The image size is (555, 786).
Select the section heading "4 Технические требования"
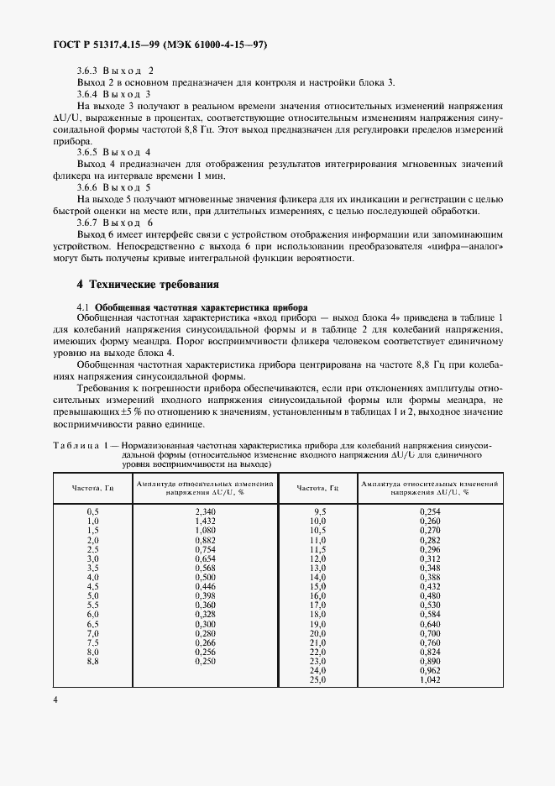(x=149, y=285)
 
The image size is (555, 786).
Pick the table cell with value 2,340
(x=206, y=511)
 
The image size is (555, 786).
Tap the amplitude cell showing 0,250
(x=206, y=662)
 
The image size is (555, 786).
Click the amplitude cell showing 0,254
(x=430, y=511)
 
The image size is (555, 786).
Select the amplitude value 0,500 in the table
(x=206, y=578)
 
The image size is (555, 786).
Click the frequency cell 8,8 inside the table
(x=93, y=662)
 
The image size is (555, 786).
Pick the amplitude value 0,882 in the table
(x=206, y=540)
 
